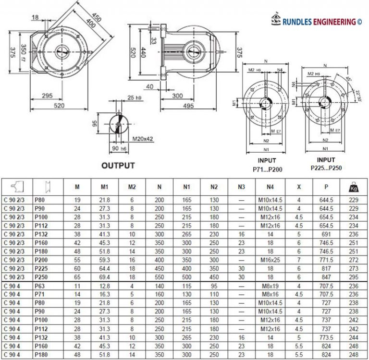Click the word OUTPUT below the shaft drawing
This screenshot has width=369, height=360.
click(x=118, y=166)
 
